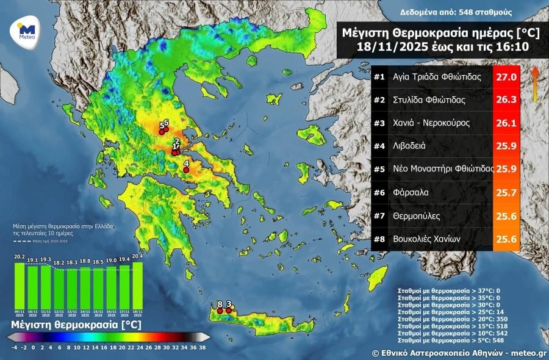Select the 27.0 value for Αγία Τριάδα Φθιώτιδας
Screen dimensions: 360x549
tap(506, 77)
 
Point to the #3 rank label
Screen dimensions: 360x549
tap(380, 123)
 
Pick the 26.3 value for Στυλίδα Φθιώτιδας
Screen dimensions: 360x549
tap(506, 101)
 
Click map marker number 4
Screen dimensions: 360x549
tap(186, 170)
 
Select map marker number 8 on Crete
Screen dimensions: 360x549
tap(220, 310)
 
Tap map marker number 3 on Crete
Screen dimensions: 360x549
tap(229, 310)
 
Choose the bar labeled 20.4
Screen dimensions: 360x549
tap(137, 284)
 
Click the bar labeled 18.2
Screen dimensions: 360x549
tap(59, 287)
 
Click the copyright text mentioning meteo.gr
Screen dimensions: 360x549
tap(459, 353)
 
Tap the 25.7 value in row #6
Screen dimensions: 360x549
tap(506, 193)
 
